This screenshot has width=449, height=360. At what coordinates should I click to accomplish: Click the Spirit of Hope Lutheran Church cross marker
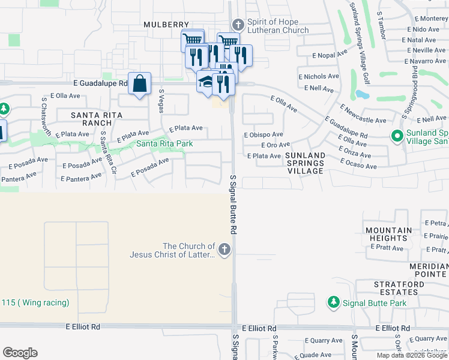238,25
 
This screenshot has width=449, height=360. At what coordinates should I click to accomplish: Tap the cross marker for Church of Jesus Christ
224,250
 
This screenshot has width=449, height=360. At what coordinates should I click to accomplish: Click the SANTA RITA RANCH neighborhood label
97,118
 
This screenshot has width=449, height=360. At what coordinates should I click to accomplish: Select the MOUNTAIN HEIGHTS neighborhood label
388,234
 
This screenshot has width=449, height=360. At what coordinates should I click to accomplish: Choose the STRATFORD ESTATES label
396,288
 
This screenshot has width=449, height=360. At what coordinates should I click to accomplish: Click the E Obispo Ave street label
264,135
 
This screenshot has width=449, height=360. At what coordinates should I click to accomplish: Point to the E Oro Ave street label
276,145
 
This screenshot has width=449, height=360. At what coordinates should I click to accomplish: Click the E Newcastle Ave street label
363,115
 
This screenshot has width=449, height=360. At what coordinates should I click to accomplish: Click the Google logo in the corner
20,353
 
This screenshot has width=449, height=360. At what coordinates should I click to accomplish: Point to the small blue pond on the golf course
362,94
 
